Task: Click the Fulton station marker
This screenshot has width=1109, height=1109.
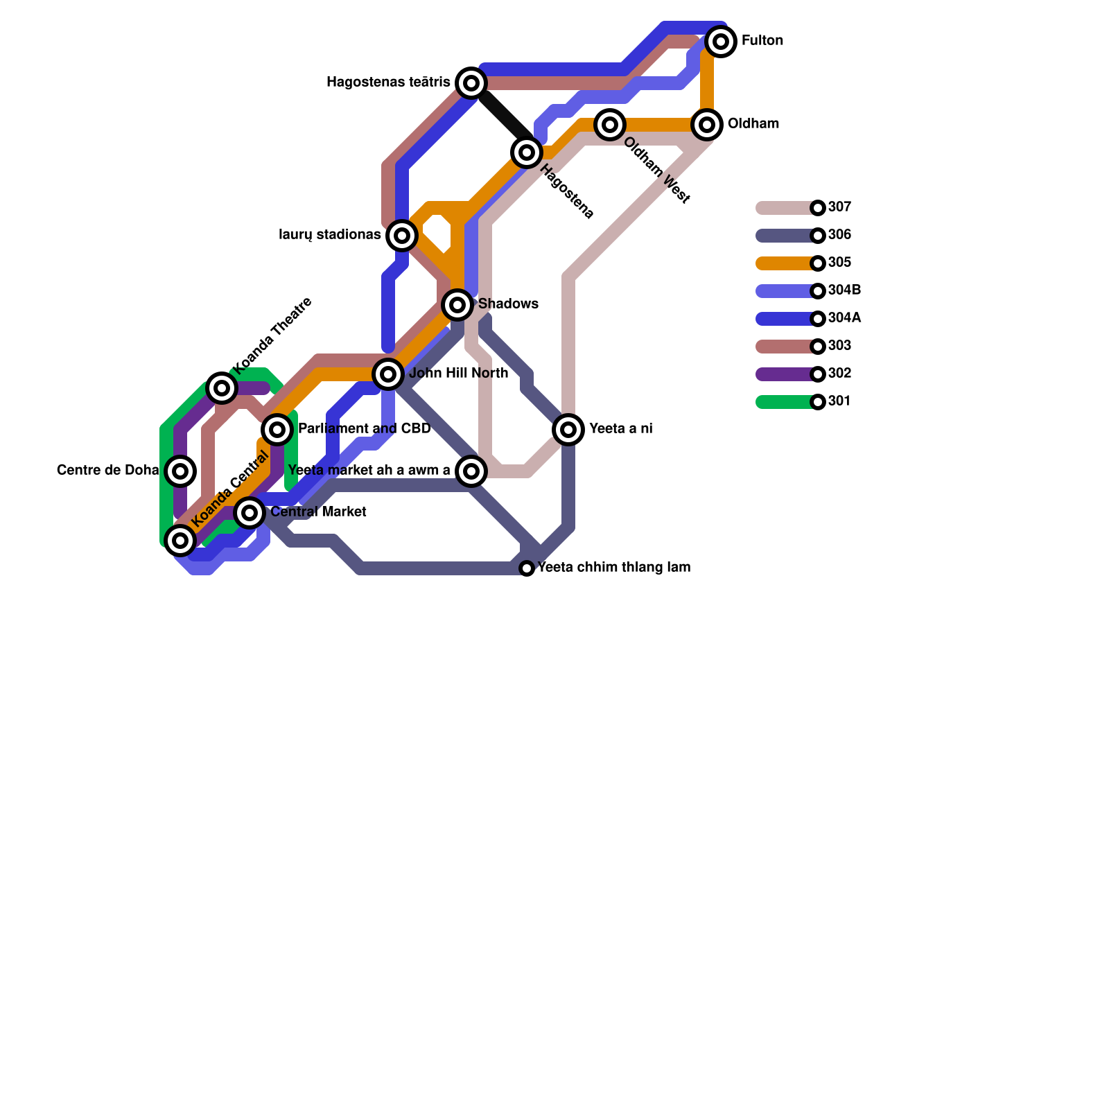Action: (x=721, y=42)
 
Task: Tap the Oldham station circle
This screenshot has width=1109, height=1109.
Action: (x=707, y=125)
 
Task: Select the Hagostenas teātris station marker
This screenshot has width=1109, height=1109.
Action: (x=471, y=83)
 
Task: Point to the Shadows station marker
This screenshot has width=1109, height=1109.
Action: (x=457, y=305)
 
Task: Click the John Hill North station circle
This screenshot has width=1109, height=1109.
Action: (x=388, y=374)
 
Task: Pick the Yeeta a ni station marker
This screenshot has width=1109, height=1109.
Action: (x=568, y=430)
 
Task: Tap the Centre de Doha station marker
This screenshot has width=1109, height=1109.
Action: (x=180, y=471)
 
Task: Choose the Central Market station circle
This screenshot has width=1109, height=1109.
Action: (x=250, y=513)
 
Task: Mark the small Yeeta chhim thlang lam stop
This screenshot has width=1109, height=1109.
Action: (x=527, y=568)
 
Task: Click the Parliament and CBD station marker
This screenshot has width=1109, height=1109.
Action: (x=277, y=430)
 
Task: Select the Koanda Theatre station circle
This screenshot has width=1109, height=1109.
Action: (x=222, y=388)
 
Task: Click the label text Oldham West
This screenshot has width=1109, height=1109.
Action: (x=656, y=171)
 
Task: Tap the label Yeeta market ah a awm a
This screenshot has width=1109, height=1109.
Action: (x=369, y=471)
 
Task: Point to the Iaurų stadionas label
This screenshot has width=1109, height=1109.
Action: (x=329, y=235)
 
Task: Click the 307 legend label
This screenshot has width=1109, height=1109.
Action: (x=839, y=207)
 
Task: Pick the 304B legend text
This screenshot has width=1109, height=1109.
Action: (x=844, y=290)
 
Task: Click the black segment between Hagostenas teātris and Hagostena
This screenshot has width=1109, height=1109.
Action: (x=499, y=111)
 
